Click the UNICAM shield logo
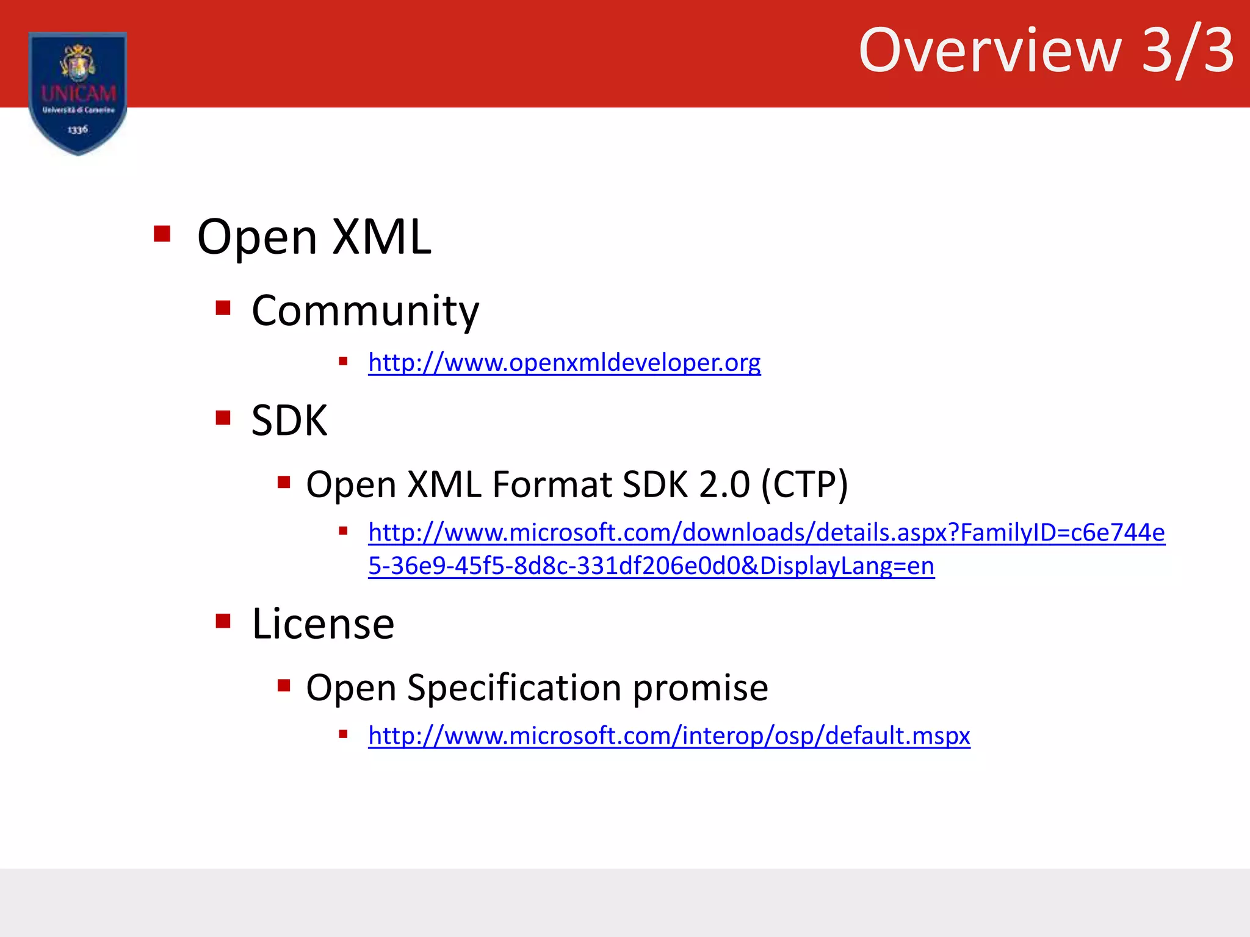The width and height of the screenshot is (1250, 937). pyautogui.click(x=78, y=92)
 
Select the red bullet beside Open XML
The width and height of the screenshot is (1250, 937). pyautogui.click(x=162, y=234)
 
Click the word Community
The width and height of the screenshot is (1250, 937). pyautogui.click(x=365, y=311)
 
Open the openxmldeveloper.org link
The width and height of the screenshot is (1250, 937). pyautogui.click(x=564, y=362)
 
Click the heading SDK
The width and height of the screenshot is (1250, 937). pyautogui.click(x=289, y=420)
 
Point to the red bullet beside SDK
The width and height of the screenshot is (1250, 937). pyautogui.click(x=223, y=418)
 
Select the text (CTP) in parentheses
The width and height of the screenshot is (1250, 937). pyautogui.click(x=804, y=484)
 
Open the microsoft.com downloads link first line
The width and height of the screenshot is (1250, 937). pyautogui.click(x=766, y=533)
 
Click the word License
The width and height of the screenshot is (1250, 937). pyautogui.click(x=323, y=624)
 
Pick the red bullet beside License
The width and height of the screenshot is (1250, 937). pyautogui.click(x=223, y=621)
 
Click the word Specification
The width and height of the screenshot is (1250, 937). pyautogui.click(x=514, y=688)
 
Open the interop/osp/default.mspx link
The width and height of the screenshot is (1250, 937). pyautogui.click(x=668, y=736)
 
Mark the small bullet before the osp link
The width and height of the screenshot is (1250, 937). pyautogui.click(x=343, y=734)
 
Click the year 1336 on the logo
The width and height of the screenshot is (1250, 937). pyautogui.click(x=78, y=129)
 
